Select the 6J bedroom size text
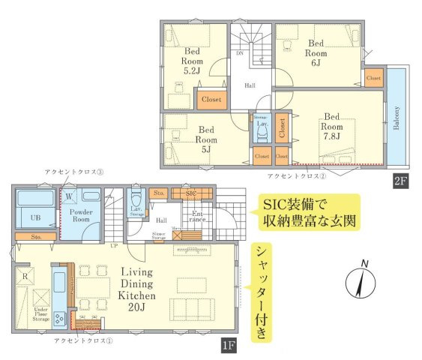(316, 63)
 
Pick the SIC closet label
(190, 193)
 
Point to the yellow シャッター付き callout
(260, 293)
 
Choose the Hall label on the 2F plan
(251, 85)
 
